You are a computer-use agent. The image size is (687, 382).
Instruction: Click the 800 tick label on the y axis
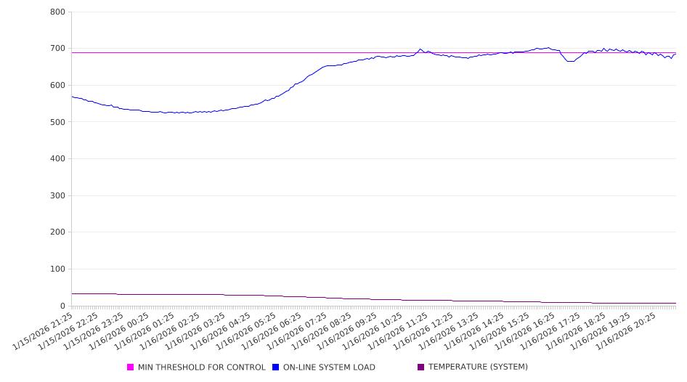[x=58, y=12]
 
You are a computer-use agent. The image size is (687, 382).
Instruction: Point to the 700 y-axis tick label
[x=58, y=49]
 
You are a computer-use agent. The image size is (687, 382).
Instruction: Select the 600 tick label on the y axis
[x=58, y=86]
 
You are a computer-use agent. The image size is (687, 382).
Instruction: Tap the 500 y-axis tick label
[x=58, y=122]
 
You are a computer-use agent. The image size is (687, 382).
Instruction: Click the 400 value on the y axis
[x=58, y=159]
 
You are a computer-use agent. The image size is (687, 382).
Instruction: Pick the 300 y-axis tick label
[x=58, y=195]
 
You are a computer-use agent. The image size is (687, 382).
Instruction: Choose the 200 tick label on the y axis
[x=58, y=232]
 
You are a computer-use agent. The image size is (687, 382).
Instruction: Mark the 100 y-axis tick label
[x=58, y=269]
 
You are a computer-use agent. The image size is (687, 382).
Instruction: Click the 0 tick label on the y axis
[x=63, y=306]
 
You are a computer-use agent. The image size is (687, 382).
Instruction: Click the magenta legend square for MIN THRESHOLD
[x=131, y=367]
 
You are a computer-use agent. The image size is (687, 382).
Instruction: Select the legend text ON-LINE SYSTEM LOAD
[x=329, y=367]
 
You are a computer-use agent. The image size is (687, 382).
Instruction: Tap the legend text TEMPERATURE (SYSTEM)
[x=478, y=367]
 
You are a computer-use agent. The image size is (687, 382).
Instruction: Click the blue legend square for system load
[x=276, y=367]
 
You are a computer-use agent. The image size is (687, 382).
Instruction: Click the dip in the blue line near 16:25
[x=570, y=61]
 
